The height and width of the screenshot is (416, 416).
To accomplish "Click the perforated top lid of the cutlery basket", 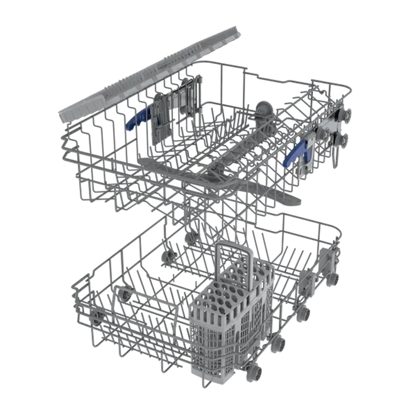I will coord(233,291).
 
